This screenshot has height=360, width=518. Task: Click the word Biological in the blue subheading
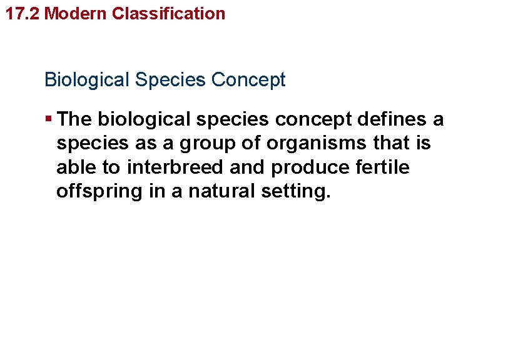tap(85, 80)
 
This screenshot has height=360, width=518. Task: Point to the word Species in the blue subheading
tap(168, 80)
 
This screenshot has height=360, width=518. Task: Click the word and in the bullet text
tap(248, 167)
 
